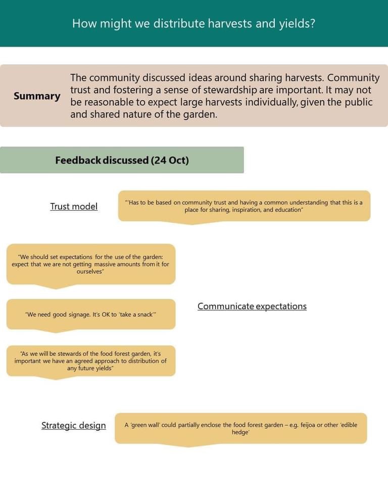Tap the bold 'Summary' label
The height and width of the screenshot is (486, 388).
tap(37, 96)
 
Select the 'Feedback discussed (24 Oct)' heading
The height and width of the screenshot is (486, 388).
tap(122, 160)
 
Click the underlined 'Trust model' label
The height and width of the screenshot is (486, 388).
tap(74, 207)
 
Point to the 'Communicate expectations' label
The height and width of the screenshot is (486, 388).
tap(252, 306)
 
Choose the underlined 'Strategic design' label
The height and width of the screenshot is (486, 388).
tap(74, 425)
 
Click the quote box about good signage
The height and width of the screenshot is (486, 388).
tap(91, 314)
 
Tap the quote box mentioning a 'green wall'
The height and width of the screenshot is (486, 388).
tap(240, 428)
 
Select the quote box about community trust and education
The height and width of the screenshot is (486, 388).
tap(244, 206)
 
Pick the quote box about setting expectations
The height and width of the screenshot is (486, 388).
tap(91, 264)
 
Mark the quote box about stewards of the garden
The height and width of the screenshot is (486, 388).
tap(91, 361)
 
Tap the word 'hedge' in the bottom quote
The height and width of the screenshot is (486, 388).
tap(240, 433)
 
